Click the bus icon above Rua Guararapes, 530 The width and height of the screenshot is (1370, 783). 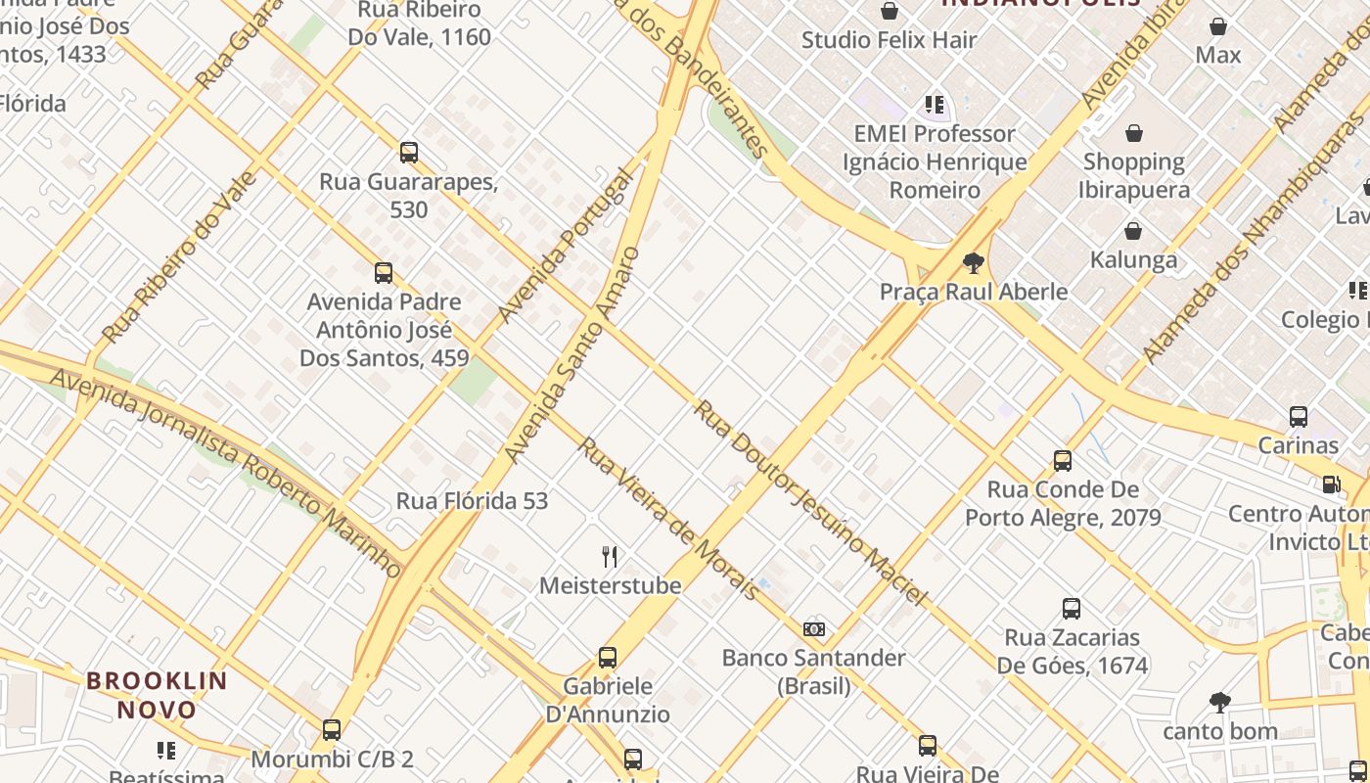(409, 153)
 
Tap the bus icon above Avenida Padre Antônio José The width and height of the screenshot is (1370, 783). (384, 273)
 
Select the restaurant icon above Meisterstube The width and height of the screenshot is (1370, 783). (610, 557)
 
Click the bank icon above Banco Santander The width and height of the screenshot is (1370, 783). (814, 629)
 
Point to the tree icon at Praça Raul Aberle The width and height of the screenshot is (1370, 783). (973, 262)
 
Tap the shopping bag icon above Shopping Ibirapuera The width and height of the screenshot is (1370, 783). (1133, 133)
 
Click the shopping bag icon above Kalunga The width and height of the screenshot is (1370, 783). (1133, 231)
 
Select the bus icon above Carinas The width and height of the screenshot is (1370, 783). (1299, 417)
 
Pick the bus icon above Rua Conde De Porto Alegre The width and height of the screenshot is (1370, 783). (1063, 461)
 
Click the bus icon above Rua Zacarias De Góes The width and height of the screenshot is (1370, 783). (1072, 609)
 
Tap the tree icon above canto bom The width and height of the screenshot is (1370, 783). (1219, 702)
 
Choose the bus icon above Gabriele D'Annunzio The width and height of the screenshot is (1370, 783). (608, 658)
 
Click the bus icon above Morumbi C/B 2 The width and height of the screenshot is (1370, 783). (332, 730)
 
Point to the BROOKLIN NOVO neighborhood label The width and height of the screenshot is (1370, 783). (157, 695)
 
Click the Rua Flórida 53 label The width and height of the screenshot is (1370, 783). (472, 501)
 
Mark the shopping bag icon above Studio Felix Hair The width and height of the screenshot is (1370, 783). (890, 12)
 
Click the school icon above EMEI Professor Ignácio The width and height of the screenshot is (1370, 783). (935, 104)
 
